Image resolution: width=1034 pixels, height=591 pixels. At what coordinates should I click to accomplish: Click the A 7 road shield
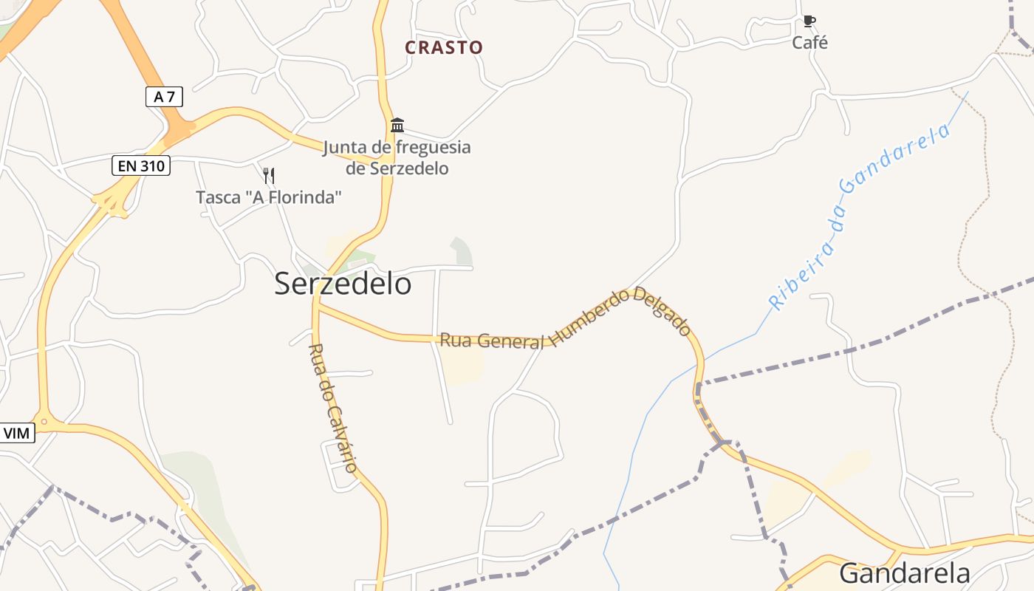[164, 96]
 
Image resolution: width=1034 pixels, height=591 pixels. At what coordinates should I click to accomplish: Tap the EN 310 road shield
[141, 165]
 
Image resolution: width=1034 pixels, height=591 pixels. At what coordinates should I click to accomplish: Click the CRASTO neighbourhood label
[444, 47]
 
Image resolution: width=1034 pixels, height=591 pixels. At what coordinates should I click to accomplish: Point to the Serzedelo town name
[343, 284]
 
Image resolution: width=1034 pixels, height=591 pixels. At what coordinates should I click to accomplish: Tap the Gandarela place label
[905, 573]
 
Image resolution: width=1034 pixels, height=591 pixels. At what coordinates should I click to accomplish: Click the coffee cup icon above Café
[809, 21]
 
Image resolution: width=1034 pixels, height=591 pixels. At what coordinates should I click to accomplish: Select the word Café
[809, 43]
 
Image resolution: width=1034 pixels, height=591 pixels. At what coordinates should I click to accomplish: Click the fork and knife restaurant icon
[269, 176]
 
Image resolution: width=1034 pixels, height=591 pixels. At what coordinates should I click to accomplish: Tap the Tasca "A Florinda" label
[269, 197]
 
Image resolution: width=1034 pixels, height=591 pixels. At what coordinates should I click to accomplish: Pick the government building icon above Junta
[397, 125]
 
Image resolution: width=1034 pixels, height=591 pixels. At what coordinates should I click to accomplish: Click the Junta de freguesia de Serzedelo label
[397, 157]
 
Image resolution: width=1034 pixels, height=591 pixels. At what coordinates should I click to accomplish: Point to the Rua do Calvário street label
[333, 407]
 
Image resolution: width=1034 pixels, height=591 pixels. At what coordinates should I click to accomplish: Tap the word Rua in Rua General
[456, 340]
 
